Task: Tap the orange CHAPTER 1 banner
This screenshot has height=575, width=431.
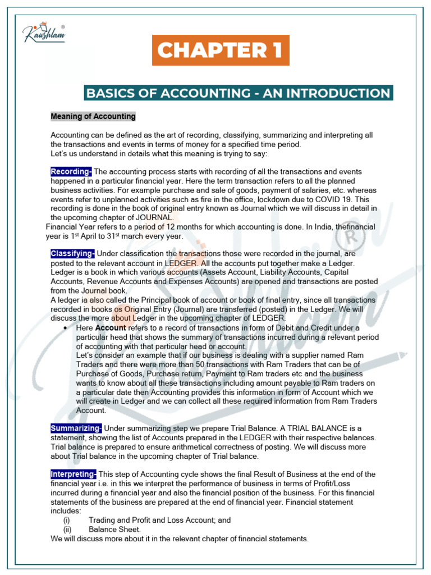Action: click(x=219, y=50)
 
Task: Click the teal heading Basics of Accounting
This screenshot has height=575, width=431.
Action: click(x=239, y=93)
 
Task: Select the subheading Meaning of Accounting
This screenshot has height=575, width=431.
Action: click(x=93, y=117)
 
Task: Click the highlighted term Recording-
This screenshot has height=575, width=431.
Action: click(x=71, y=171)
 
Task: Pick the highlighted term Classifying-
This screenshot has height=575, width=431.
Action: click(x=73, y=254)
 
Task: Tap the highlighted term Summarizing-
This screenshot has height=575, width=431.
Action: click(x=76, y=428)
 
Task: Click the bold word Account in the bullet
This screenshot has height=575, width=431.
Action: click(x=111, y=327)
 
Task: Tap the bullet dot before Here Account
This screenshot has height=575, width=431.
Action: click(x=66, y=327)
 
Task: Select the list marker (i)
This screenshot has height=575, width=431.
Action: click(x=67, y=521)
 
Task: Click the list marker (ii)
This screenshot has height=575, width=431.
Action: click(x=67, y=530)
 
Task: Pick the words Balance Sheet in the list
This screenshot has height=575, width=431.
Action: click(x=114, y=530)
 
